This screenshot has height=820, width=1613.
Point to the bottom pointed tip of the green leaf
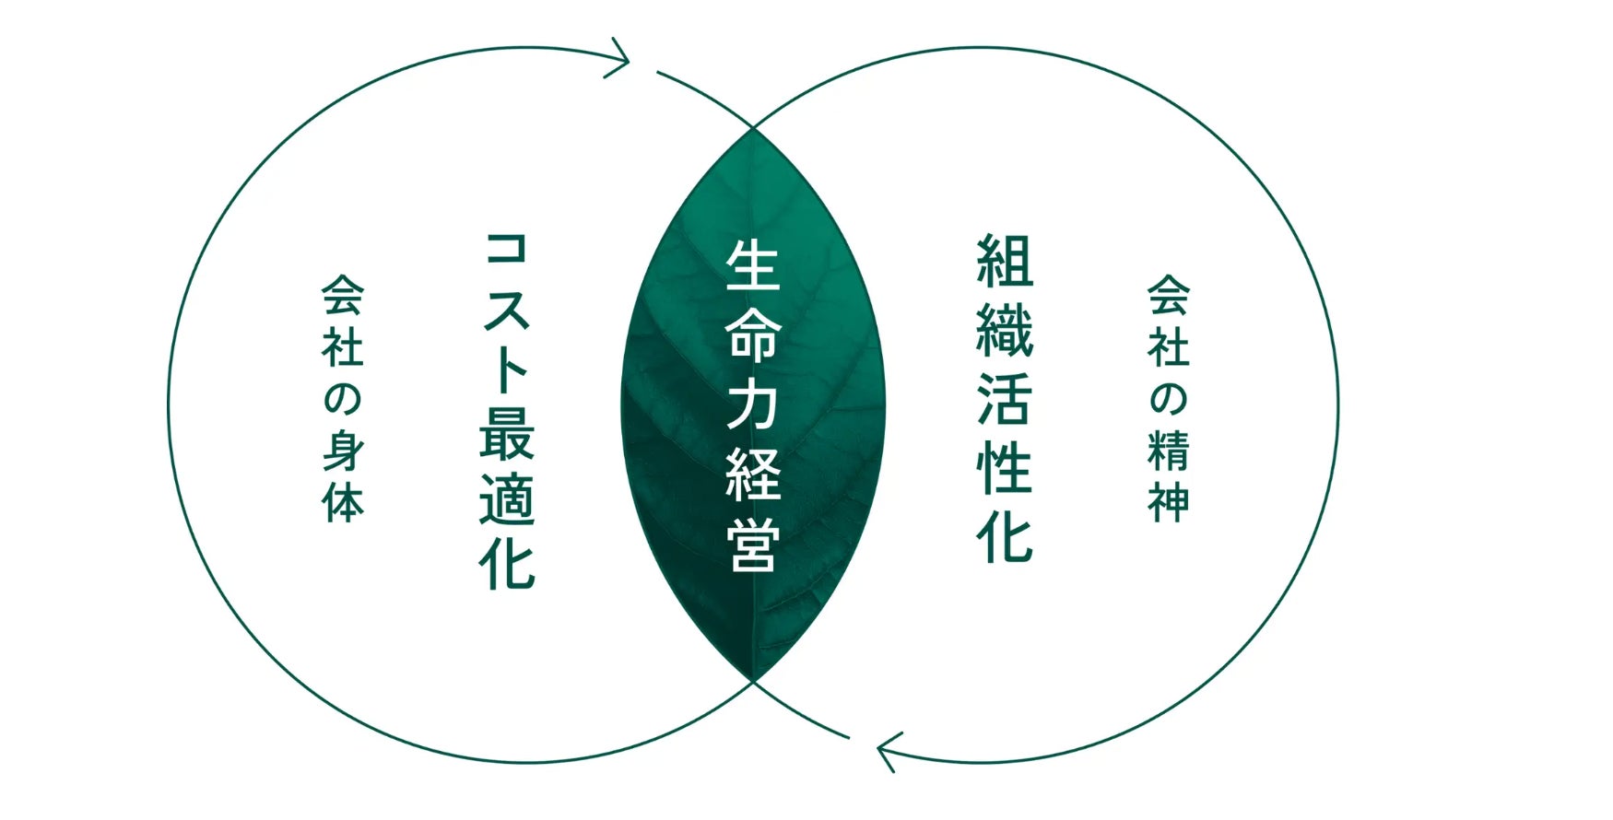point(753,679)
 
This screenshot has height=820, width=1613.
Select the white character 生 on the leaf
point(753,265)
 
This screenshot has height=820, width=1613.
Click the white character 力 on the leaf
point(753,406)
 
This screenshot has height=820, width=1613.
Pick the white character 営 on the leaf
point(753,545)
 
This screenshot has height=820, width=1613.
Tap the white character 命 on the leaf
point(753,337)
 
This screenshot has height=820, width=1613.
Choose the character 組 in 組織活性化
point(1005,261)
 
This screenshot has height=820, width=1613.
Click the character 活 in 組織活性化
point(1005,398)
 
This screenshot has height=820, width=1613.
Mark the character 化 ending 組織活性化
point(1005,536)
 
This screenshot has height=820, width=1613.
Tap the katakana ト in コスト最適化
point(507,369)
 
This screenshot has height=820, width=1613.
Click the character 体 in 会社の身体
point(343,500)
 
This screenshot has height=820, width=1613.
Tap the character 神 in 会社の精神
point(1168,500)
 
